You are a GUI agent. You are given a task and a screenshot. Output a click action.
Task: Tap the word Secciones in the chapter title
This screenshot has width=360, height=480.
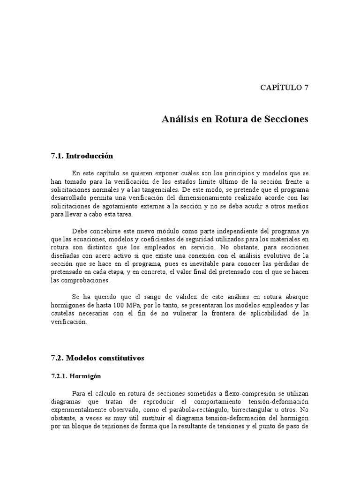285,119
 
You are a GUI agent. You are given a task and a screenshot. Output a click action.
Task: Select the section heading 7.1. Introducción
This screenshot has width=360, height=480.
82,156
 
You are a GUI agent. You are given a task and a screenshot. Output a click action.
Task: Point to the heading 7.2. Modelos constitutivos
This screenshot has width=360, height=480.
97,358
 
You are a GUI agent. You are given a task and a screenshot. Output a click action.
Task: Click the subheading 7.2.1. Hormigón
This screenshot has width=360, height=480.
76,376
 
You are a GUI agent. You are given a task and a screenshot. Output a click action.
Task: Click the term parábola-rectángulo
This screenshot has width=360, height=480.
191,410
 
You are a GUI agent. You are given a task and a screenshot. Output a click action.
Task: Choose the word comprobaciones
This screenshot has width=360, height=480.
80,281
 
